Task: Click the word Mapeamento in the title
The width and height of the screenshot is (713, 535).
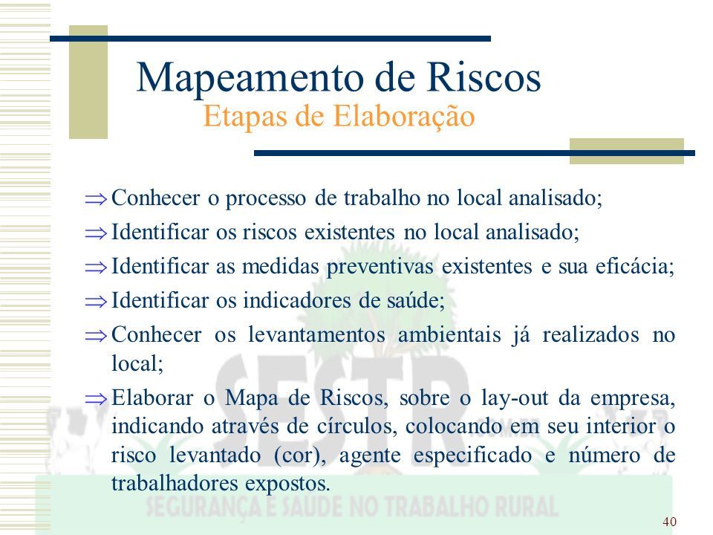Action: pos(252,78)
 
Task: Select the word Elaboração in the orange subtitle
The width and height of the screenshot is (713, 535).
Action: pos(404,117)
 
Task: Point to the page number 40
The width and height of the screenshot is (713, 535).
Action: pos(669,522)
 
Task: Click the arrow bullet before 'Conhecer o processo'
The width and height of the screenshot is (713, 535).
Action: pos(96,199)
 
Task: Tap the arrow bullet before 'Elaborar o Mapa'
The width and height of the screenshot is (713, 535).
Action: pos(96,399)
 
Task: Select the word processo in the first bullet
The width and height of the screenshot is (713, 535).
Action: pos(266,199)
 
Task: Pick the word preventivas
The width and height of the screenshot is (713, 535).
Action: pos(380,267)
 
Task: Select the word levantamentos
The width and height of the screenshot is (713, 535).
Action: pos(316,335)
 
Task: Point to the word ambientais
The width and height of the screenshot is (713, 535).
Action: pos(449,335)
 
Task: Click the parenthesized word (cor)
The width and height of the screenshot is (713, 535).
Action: pos(300,455)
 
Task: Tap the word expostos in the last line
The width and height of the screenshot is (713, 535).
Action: pos(287,484)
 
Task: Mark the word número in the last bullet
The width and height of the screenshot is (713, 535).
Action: pos(605,455)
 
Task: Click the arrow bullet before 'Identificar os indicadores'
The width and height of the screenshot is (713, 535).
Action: pos(96,301)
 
